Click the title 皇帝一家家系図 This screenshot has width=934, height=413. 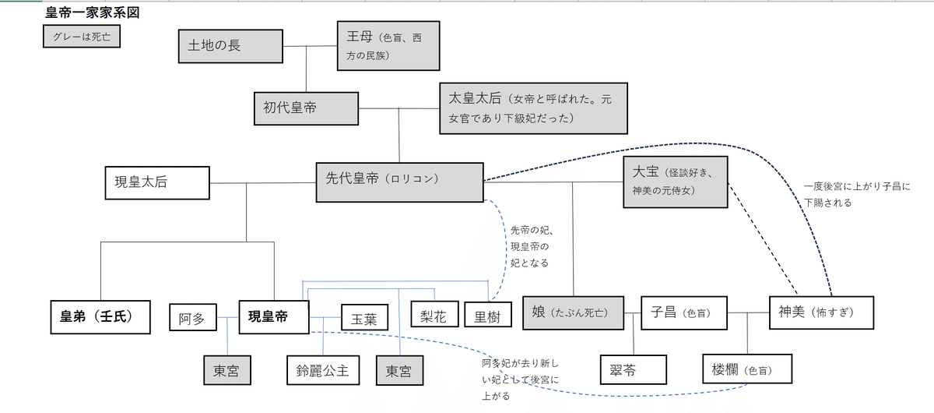pyautogui.click(x=93, y=13)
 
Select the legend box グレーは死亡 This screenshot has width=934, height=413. pyautogui.click(x=82, y=37)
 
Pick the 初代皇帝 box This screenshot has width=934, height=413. pyautogui.click(x=306, y=108)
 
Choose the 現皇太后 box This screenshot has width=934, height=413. pyautogui.click(x=157, y=184)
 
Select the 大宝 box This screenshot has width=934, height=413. pyautogui.click(x=675, y=182)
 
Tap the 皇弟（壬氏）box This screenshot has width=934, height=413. pyautogui.click(x=100, y=316)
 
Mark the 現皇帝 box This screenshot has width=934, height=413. pyautogui.click(x=273, y=316)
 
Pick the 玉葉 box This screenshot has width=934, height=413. pyautogui.click(x=364, y=319)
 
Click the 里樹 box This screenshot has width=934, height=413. pyautogui.click(x=487, y=316)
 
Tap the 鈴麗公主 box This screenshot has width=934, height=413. pyautogui.click(x=323, y=370)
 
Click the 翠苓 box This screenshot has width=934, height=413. pyautogui.click(x=634, y=370)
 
